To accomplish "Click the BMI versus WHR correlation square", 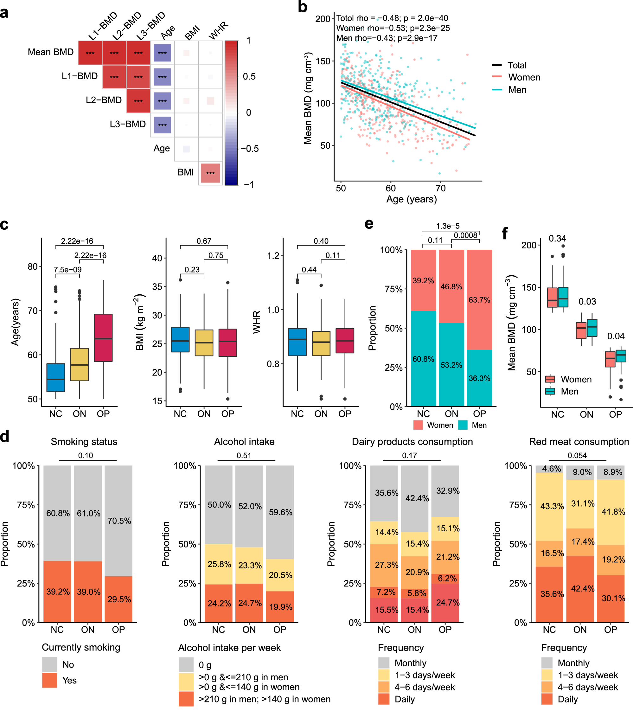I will point(210,173).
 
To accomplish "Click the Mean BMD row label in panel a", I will point(50,52).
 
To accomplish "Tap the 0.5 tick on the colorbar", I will point(249,77).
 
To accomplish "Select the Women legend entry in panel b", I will point(524,77).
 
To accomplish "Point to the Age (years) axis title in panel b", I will point(412,199).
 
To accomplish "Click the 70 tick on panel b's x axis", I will point(440,188).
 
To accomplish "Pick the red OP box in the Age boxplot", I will point(103,337).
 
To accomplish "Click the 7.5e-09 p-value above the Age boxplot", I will point(67,270).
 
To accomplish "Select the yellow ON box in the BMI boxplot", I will point(204,343).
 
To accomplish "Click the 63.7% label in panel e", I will point(479,300).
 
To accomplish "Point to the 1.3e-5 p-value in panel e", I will point(448,226).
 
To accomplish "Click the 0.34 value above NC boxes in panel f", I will point(557,238).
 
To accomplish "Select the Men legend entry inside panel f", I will point(569,391).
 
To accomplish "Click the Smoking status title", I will point(84,441).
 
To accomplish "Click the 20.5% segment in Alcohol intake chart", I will point(280,575).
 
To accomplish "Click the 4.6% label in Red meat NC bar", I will point(552,469).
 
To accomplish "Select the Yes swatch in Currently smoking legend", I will point(50,680).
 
